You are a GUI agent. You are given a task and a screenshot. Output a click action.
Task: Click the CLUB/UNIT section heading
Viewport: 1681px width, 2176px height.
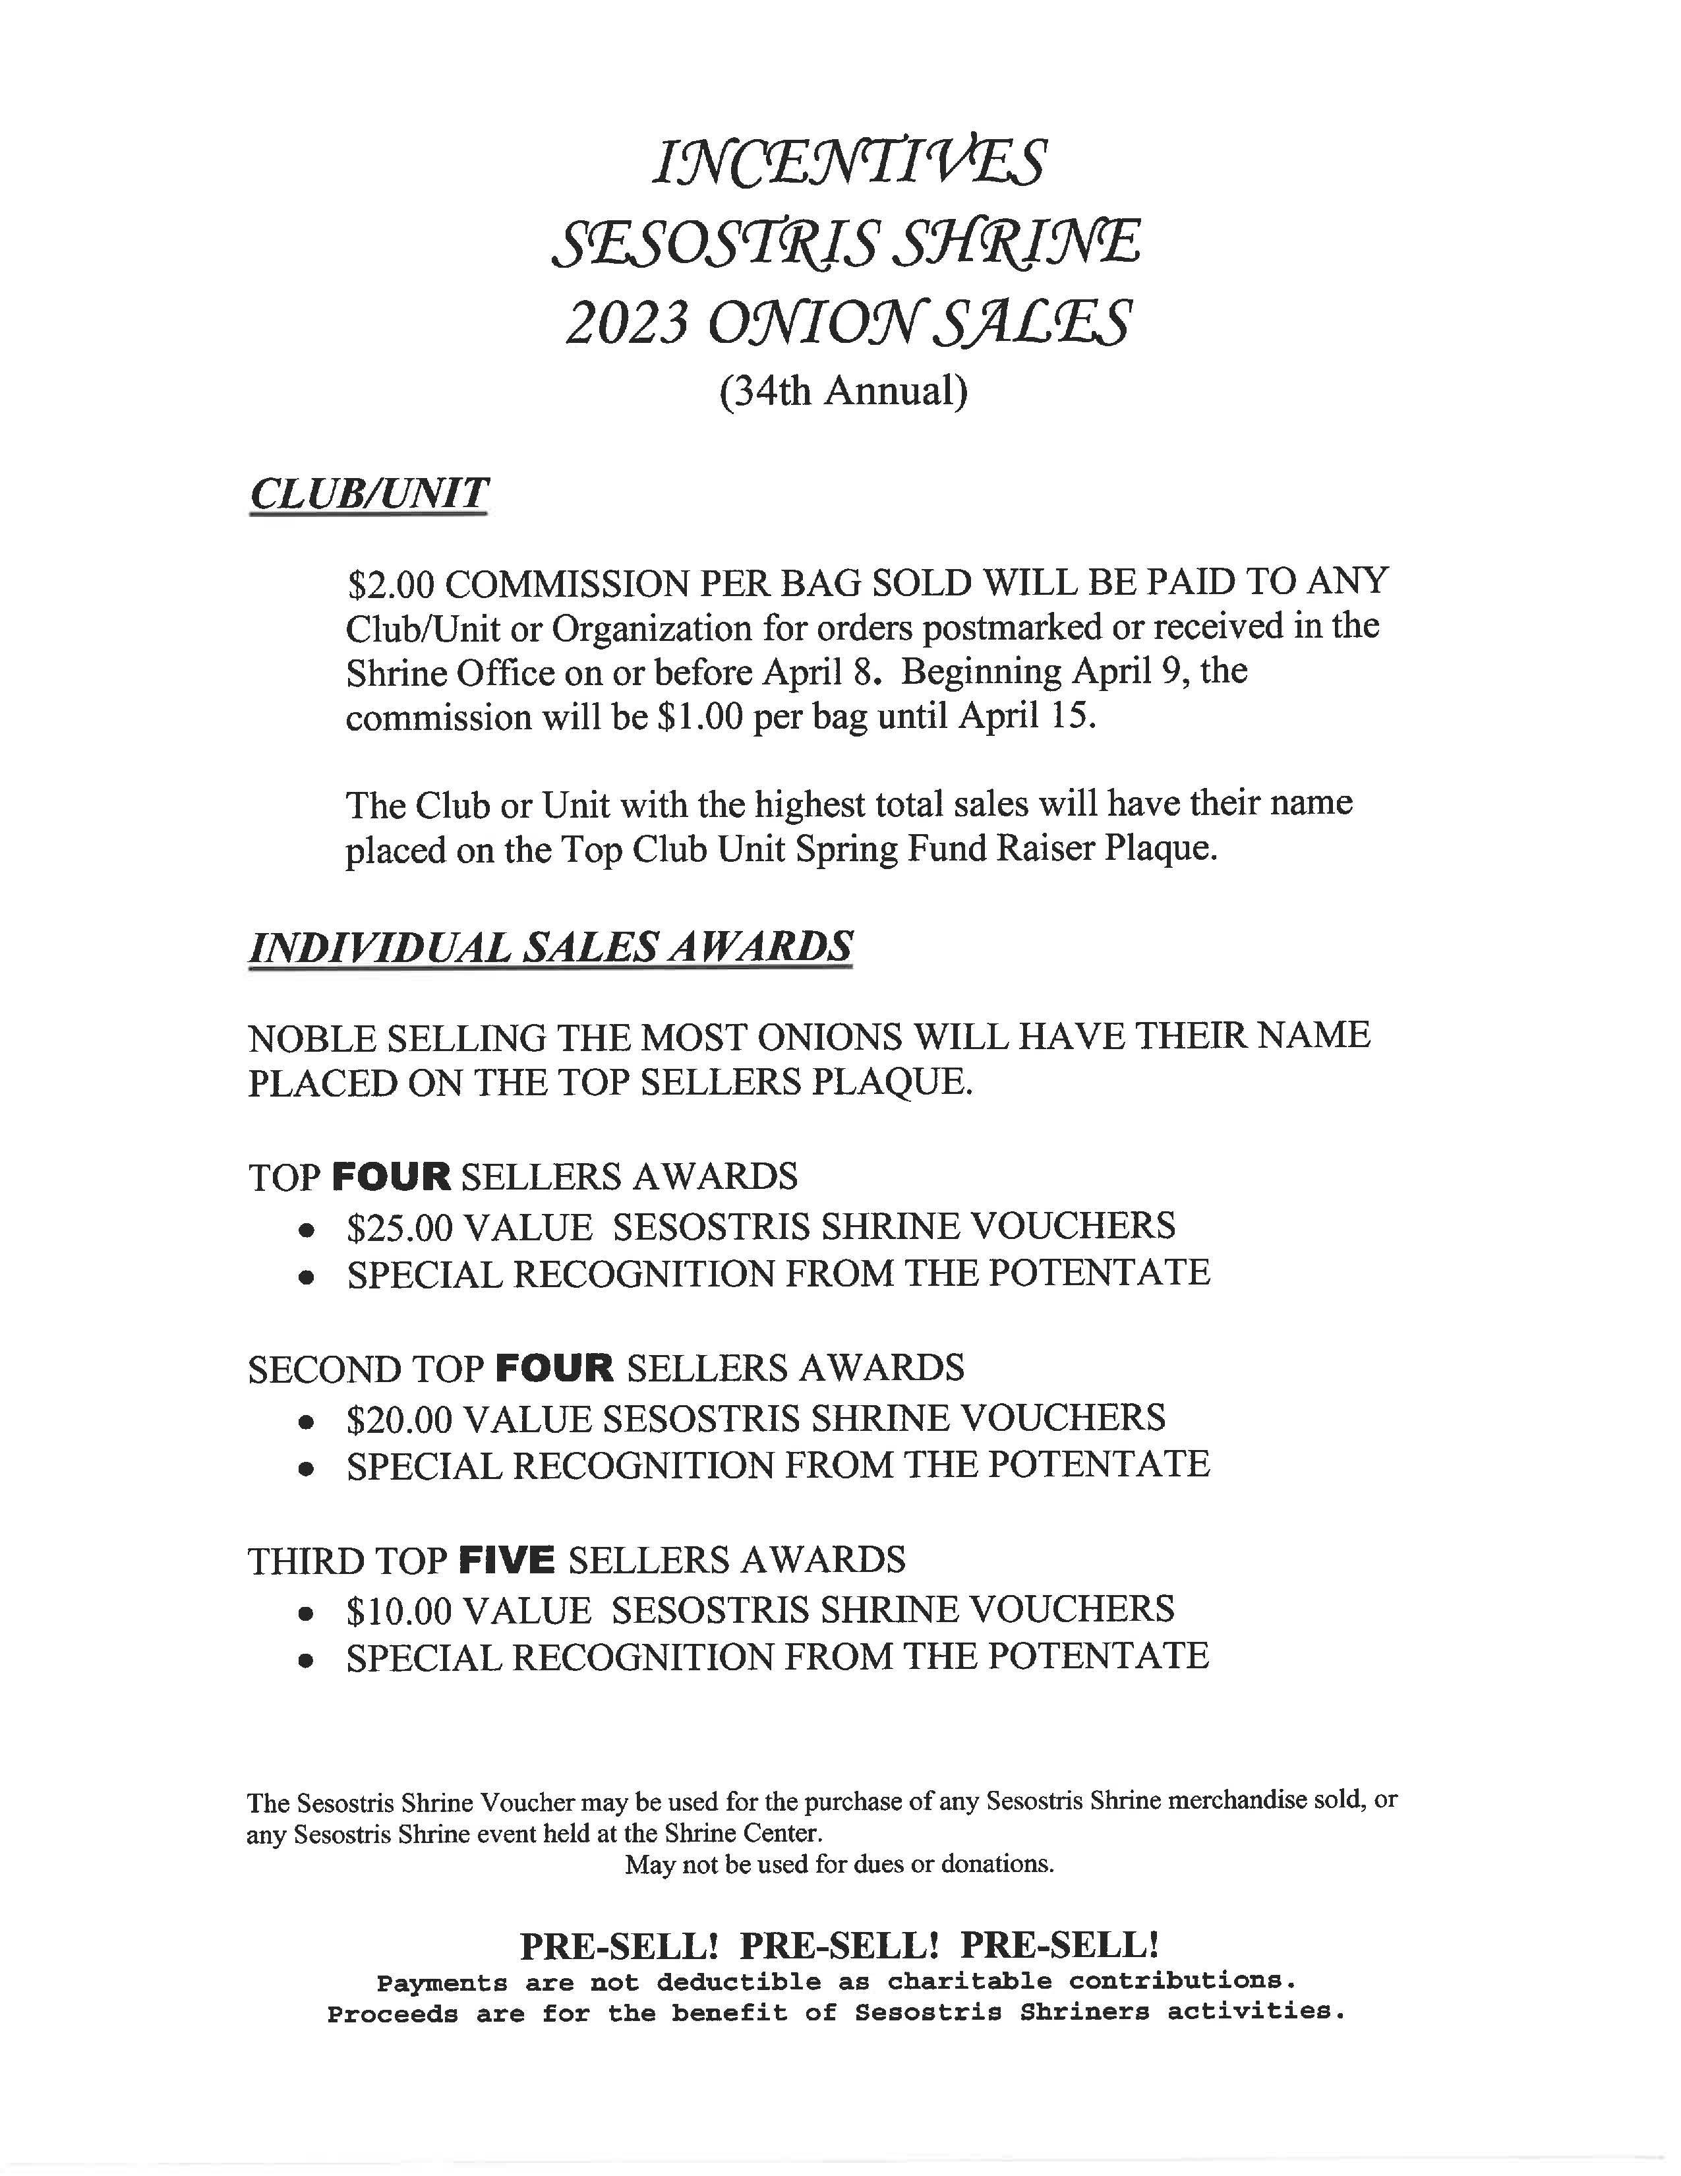(369, 493)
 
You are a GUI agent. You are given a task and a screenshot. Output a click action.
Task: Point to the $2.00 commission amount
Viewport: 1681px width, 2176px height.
(390, 583)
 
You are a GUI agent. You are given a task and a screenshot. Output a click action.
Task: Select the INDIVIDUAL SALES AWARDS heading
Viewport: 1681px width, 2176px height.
(550, 946)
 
